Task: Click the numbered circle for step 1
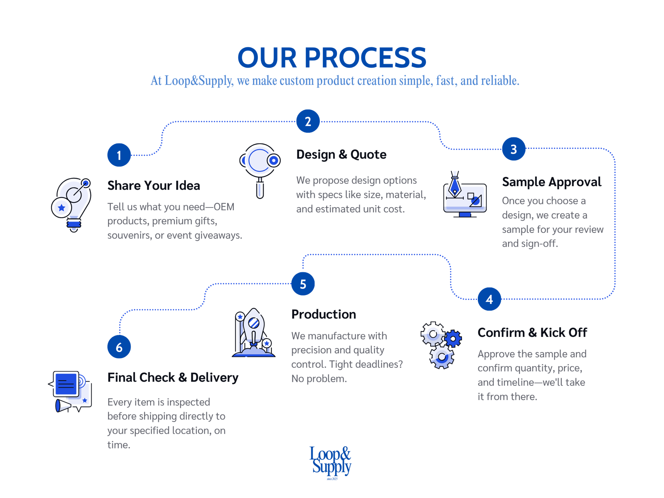[x=119, y=155]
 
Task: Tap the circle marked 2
[x=308, y=121]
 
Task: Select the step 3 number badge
[x=514, y=149]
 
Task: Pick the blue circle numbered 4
[x=489, y=299]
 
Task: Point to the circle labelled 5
[x=303, y=284]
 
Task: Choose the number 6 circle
[x=119, y=347]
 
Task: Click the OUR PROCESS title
[x=332, y=58]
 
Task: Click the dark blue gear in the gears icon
[x=453, y=339]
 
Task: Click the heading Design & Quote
[x=341, y=155]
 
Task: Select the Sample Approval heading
[x=551, y=182]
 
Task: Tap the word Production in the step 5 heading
[x=324, y=314]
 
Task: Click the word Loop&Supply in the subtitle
[x=199, y=81]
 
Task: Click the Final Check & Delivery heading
[x=173, y=377]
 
